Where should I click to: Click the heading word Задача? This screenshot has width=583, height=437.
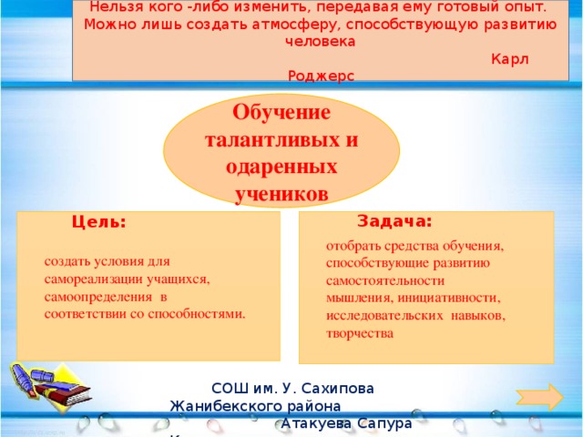coord(394,221)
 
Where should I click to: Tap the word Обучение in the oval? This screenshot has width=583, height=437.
coord(281,115)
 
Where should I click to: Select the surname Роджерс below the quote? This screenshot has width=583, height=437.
coord(320,76)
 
